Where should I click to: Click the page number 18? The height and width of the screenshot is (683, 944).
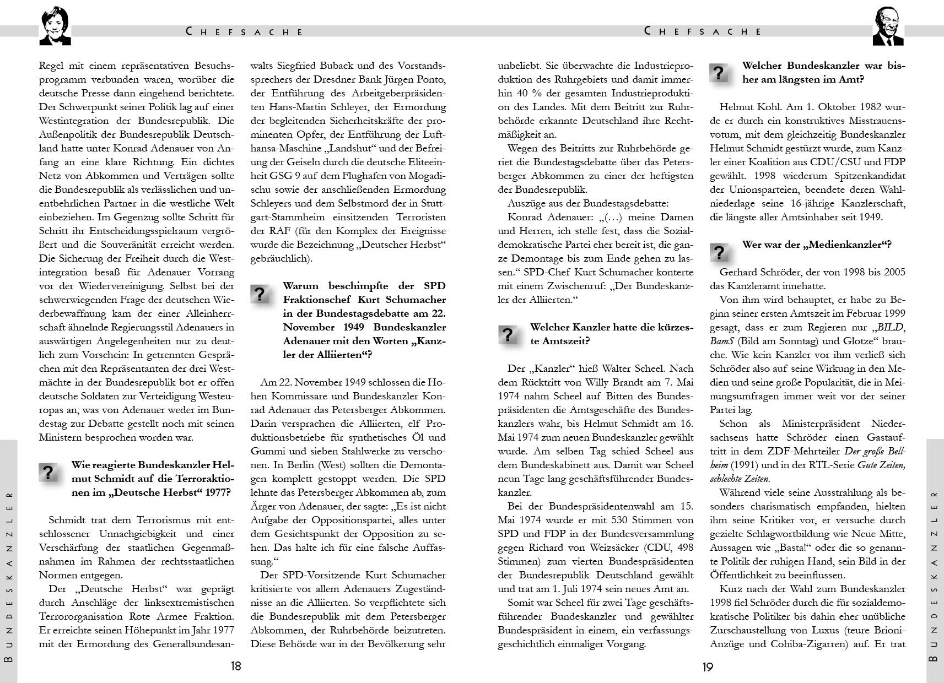(x=236, y=666)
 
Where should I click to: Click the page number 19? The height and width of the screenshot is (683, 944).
(x=708, y=667)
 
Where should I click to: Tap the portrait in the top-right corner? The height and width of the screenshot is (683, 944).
(x=888, y=27)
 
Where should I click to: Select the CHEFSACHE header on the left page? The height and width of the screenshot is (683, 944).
(x=245, y=32)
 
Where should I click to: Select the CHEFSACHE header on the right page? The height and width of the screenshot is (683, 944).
(x=703, y=31)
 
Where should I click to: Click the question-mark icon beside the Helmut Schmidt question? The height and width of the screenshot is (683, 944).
(x=48, y=472)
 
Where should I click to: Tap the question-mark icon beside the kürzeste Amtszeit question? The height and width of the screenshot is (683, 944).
(x=507, y=334)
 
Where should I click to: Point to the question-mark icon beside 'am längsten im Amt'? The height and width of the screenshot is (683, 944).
(x=719, y=73)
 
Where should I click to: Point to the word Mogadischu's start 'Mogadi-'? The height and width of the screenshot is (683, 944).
(x=424, y=176)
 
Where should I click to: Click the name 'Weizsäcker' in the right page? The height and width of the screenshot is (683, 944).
(x=597, y=548)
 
